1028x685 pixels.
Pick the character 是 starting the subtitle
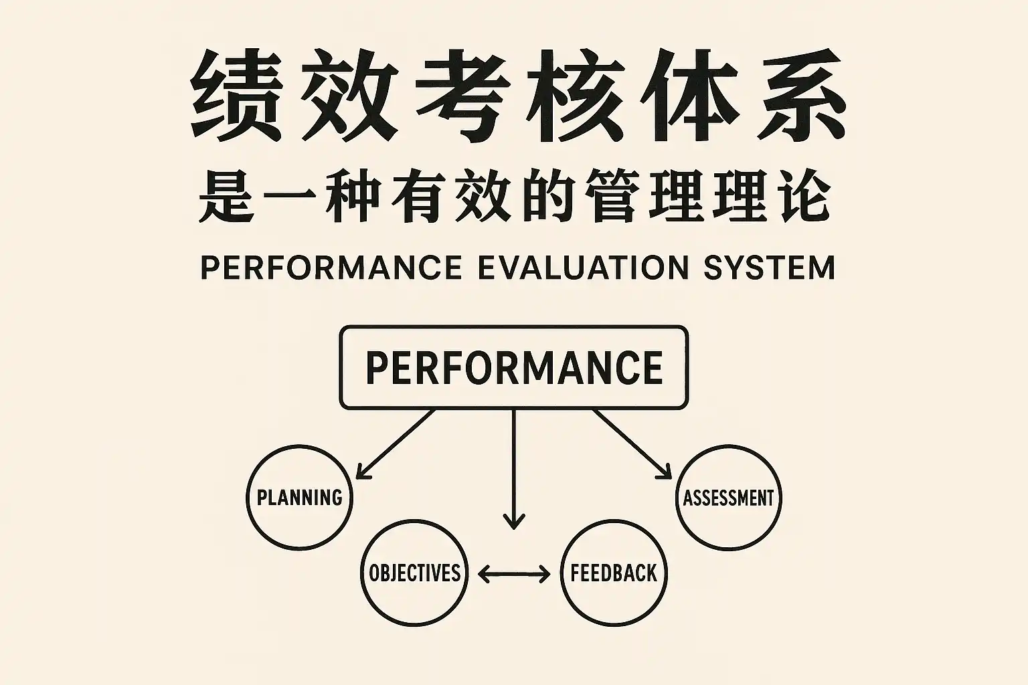pyautogui.click(x=227, y=197)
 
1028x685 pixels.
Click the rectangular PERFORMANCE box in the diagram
pyautogui.click(x=513, y=367)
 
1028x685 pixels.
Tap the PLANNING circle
pyautogui.click(x=299, y=497)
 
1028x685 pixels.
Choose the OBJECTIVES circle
pyautogui.click(x=414, y=573)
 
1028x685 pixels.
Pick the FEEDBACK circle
pyautogui.click(x=614, y=573)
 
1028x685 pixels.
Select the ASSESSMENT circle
pyautogui.click(x=728, y=497)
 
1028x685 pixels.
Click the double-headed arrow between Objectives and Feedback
pyautogui.click(x=514, y=573)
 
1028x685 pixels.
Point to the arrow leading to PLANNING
pyautogui.click(x=395, y=444)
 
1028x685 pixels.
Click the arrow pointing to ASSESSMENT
pyautogui.click(x=632, y=444)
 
